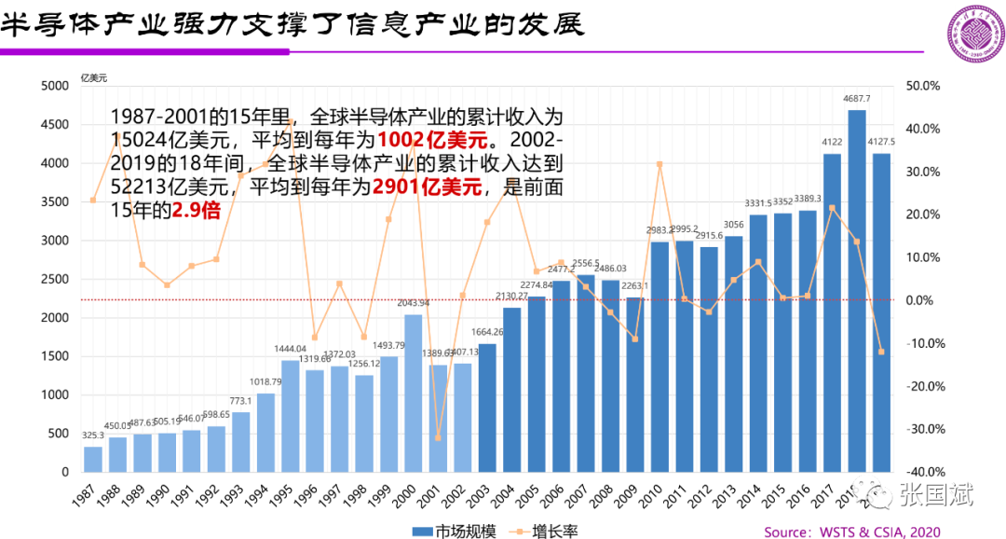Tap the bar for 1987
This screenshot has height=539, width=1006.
pyautogui.click(x=93, y=459)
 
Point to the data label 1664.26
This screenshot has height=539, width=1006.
pyautogui.click(x=487, y=332)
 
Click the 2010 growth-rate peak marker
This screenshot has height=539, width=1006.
pyautogui.click(x=659, y=164)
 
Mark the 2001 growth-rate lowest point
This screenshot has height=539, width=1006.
pyautogui.click(x=438, y=437)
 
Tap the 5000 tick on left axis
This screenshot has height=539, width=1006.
pyautogui.click(x=56, y=86)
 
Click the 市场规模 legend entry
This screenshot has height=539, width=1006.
pyautogui.click(x=447, y=532)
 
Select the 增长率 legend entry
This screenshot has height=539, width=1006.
pyautogui.click(x=545, y=532)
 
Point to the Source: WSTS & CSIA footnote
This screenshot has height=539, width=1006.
pyautogui.click(x=852, y=532)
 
